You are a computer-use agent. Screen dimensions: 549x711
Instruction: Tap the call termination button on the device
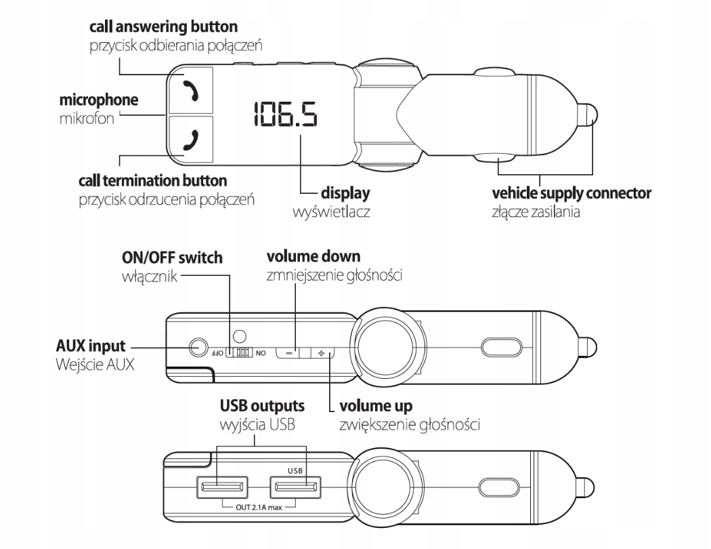tap(192, 140)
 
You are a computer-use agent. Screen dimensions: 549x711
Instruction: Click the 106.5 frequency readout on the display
tap(285, 115)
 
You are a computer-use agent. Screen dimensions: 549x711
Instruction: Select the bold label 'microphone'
tap(99, 101)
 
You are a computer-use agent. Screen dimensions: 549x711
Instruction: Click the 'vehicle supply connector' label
tap(572, 194)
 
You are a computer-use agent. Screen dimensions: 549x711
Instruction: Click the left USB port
tap(221, 487)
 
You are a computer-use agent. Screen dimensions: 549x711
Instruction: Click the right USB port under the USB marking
tap(295, 487)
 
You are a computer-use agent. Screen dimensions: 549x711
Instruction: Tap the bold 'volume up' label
tap(374, 407)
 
